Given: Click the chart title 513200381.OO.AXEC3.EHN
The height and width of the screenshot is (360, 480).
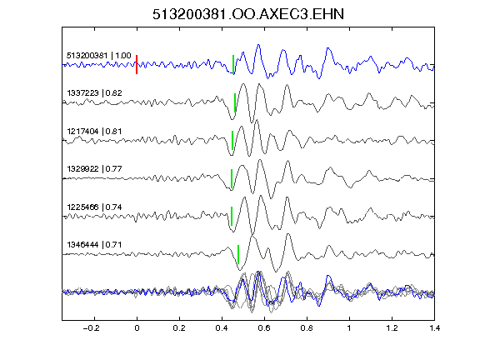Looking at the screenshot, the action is click(x=248, y=14).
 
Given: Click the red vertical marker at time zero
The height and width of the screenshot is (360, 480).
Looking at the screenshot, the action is click(x=137, y=65).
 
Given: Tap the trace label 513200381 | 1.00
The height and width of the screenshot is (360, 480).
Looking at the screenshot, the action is click(x=98, y=56).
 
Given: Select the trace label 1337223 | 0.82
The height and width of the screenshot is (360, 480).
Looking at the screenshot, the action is click(x=94, y=93).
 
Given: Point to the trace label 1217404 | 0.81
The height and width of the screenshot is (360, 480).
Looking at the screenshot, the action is click(x=94, y=132).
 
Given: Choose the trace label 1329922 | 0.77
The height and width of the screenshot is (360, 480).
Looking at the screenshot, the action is click(x=94, y=169).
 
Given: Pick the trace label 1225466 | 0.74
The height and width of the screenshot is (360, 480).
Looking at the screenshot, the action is click(x=94, y=207).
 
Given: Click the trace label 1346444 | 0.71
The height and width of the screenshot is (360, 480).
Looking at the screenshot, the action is click(x=94, y=245).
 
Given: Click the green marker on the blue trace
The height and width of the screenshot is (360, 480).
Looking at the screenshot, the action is click(x=233, y=65).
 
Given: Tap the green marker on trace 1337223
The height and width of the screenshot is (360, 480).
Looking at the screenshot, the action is click(x=235, y=102).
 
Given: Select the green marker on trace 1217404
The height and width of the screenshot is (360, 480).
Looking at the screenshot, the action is click(x=232, y=141).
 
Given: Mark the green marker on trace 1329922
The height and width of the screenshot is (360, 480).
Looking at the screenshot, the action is click(x=232, y=178).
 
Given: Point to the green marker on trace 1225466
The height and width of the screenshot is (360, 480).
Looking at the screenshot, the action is click(x=232, y=217).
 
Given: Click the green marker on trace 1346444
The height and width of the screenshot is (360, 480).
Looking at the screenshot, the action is click(x=238, y=254).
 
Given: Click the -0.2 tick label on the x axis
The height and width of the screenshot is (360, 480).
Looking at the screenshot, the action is click(x=91, y=328).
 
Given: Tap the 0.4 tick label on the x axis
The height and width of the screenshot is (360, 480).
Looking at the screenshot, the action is click(x=222, y=328).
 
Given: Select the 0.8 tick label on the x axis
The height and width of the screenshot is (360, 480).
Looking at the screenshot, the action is click(x=307, y=328).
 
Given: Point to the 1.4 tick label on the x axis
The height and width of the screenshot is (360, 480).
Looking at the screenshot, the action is click(x=434, y=328).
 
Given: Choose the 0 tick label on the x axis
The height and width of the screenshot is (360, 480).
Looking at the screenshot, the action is click(x=137, y=328).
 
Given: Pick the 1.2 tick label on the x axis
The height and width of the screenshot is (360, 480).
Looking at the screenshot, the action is click(x=392, y=328).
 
